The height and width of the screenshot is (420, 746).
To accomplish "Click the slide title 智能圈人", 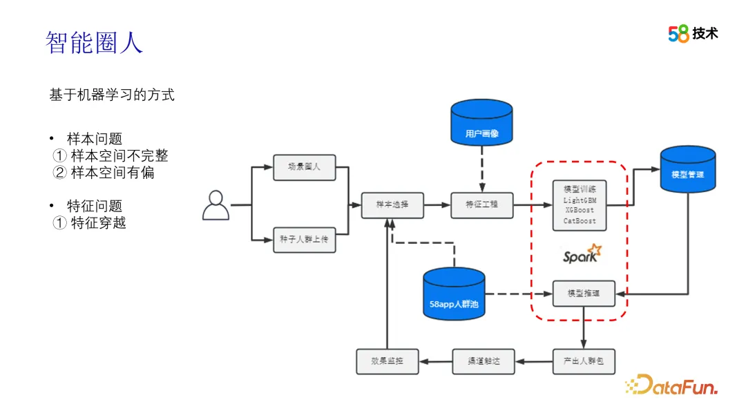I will [x=94, y=43].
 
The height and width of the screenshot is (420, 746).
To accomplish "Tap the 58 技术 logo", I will [x=693, y=33].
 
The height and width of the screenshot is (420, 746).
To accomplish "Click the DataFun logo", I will [x=671, y=384].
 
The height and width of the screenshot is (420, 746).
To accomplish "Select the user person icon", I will [x=216, y=205].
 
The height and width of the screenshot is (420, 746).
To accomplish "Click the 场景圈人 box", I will [x=304, y=167].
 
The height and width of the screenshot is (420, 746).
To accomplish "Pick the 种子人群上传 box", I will [x=304, y=240].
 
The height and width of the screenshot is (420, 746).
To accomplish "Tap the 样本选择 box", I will [x=392, y=205].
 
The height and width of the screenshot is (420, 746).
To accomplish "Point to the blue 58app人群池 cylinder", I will [x=454, y=294].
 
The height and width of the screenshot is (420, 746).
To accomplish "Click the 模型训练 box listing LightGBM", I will [x=580, y=205].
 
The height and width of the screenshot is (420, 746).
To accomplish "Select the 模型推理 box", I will [x=583, y=294].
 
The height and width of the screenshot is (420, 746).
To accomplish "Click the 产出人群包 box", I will [x=583, y=361].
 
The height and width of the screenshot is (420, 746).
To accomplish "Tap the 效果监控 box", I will [x=387, y=361].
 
